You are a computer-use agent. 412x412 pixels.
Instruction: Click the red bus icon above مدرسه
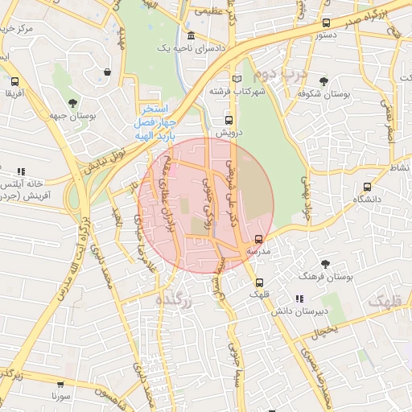[x=258, y=239]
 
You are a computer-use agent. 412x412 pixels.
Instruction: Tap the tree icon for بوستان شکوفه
[x=323, y=81]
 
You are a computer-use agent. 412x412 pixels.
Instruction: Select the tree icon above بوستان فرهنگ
[x=326, y=264]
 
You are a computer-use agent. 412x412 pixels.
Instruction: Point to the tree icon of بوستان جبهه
[x=73, y=103]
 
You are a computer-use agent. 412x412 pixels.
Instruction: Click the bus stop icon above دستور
[x=326, y=23]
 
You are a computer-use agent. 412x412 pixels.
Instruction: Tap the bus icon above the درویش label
[x=229, y=121]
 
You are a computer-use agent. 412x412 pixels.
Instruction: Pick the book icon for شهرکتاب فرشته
[x=236, y=79]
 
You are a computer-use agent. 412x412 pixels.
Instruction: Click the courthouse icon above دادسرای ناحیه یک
[x=191, y=36]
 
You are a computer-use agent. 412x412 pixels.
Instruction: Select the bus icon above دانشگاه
[x=356, y=186]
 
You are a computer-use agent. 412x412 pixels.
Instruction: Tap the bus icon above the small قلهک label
[x=259, y=282]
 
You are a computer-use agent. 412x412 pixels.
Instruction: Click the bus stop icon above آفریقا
[x=14, y=81]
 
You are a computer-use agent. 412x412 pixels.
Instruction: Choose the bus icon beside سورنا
[x=57, y=384]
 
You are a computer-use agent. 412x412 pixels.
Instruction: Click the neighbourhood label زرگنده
[x=171, y=299]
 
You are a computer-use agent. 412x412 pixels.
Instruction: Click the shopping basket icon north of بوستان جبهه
[x=107, y=72]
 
